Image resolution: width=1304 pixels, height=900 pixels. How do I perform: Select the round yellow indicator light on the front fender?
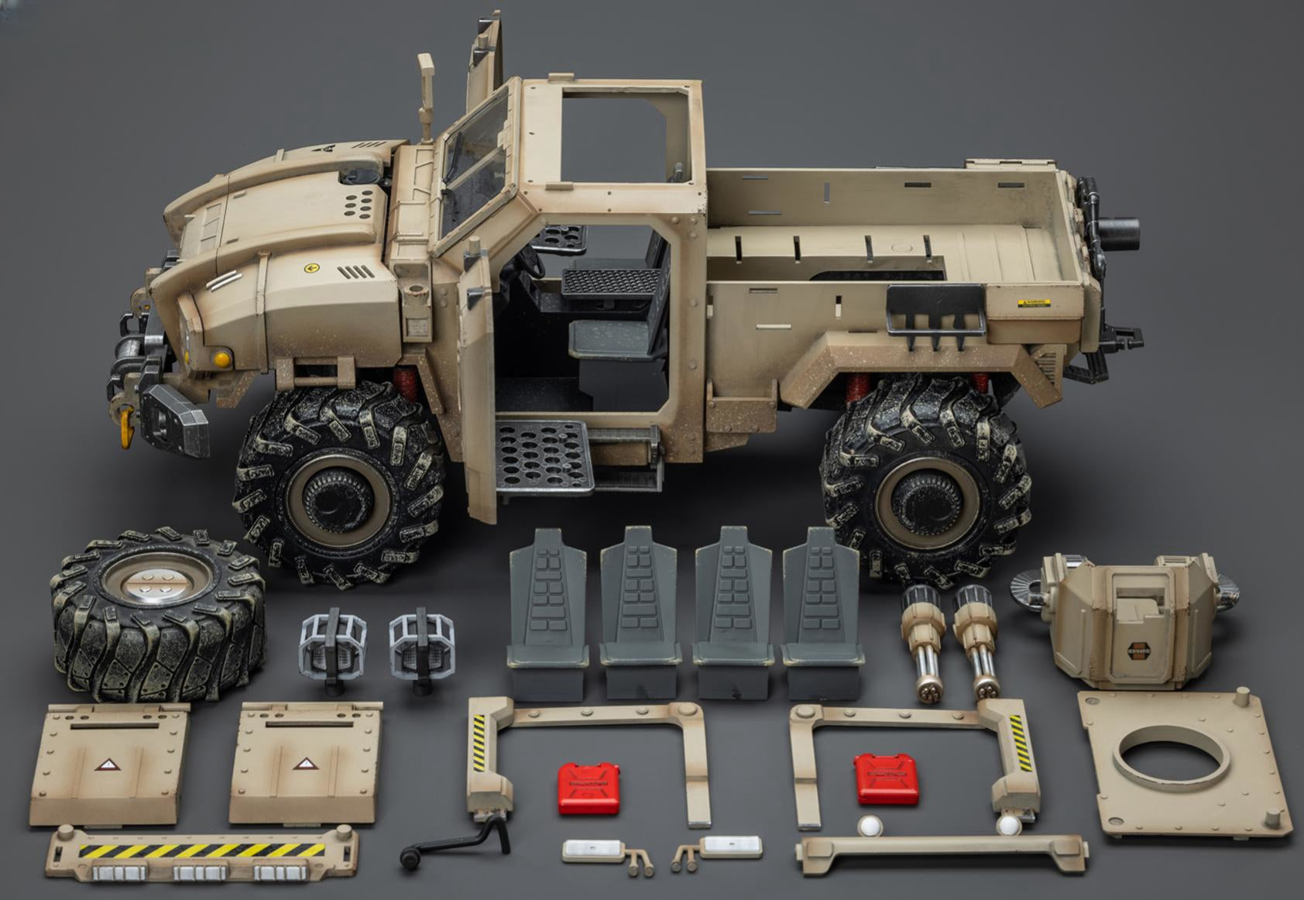click(x=222, y=359)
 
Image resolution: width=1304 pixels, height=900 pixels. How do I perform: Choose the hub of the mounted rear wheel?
click(x=925, y=492)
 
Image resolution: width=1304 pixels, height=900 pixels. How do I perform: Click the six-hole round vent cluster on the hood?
click(x=361, y=204)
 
